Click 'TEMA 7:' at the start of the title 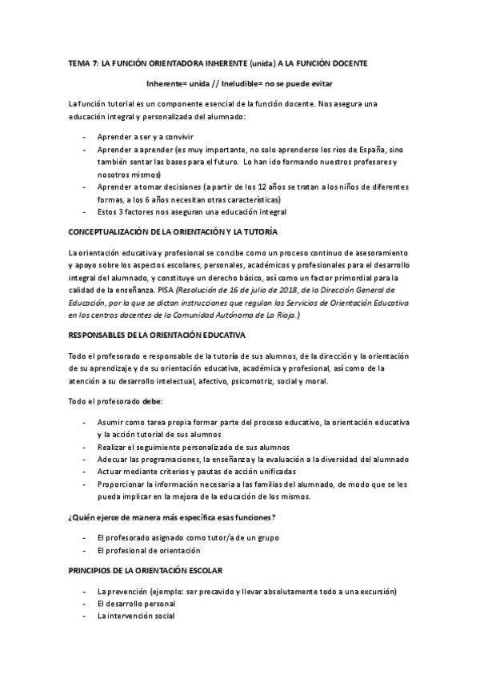pos(82,62)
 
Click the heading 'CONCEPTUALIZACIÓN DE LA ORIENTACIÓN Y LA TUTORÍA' pos(173,231)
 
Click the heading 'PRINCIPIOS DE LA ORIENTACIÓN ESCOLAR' pos(145,570)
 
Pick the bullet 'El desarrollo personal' pos(134,603)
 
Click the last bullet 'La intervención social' pos(135,616)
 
